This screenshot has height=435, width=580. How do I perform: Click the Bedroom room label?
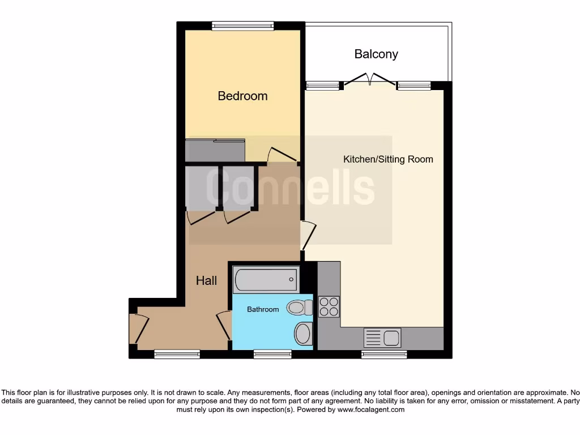pyautogui.click(x=242, y=96)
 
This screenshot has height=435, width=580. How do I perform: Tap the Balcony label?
pyautogui.click(x=376, y=54)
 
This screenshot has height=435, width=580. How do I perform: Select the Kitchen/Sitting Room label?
pyautogui.click(x=388, y=159)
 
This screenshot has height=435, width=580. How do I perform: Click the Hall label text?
pyautogui.click(x=206, y=281)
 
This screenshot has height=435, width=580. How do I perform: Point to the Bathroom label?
pyautogui.click(x=263, y=309)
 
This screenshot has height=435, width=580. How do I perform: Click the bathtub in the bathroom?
pyautogui.click(x=265, y=279)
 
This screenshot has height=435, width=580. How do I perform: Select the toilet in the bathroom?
pyautogui.click(x=300, y=308)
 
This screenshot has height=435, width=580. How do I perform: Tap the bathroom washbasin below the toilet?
pyautogui.click(x=303, y=333)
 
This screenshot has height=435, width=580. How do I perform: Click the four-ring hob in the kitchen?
pyautogui.click(x=329, y=306)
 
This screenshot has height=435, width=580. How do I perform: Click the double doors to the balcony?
pyautogui.click(x=370, y=79)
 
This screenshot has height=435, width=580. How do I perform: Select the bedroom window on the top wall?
pyautogui.click(x=242, y=25)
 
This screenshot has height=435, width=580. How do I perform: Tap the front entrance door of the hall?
pyautogui.click(x=139, y=329)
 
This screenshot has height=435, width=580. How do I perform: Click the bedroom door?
pyautogui.click(x=282, y=155)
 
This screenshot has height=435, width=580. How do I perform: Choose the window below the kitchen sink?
pyautogui.click(x=384, y=355)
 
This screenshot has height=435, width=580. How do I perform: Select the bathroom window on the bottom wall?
pyautogui.click(x=272, y=355)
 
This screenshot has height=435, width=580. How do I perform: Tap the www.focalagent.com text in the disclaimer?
pyautogui.click(x=370, y=409)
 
